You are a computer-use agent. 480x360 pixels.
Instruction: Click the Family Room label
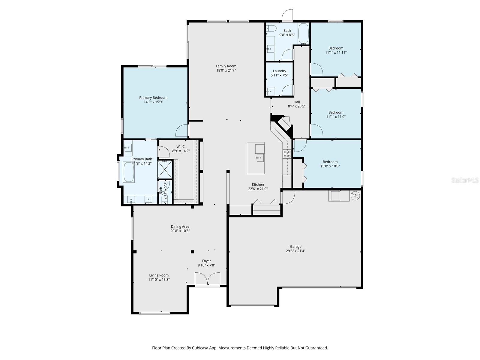pos(226,66)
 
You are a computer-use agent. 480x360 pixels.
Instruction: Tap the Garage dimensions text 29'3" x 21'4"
pos(295,251)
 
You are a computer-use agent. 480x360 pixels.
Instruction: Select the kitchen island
pos(256,158)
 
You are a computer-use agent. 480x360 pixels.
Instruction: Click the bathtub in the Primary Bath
pos(129,172)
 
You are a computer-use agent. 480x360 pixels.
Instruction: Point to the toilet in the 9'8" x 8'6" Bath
pos(271,29)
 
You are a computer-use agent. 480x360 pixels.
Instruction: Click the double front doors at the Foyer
pos(207,279)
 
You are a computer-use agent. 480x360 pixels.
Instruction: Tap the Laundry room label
pos(279,71)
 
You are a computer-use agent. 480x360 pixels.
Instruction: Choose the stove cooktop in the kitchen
pos(287,154)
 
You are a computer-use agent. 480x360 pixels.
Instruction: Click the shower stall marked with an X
pos(165,169)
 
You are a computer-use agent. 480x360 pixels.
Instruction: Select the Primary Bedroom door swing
pos(181,131)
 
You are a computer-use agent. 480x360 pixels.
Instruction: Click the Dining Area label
pos(180,226)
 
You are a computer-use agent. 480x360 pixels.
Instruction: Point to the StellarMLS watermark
pos(465,180)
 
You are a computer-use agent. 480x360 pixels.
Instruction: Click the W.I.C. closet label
pos(181,146)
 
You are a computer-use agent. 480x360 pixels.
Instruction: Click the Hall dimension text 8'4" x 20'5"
pos(296,106)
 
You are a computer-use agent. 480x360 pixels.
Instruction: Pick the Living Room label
pos(159,275)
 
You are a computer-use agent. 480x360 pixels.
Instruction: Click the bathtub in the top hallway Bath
pos(303,34)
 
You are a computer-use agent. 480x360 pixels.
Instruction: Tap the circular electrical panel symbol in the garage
pos(355,196)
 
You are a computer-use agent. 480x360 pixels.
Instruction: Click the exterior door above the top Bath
pos(287,16)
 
